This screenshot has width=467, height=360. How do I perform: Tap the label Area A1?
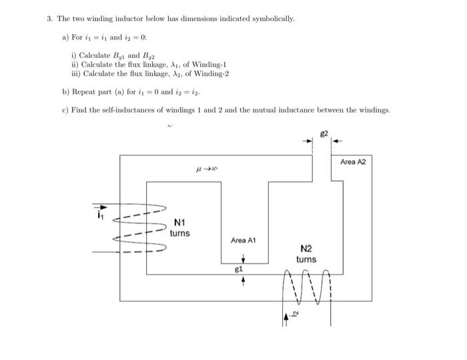click(x=244, y=240)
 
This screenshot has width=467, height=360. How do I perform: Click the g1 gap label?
click(x=238, y=270)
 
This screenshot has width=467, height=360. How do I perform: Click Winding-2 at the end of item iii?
click(x=211, y=73)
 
